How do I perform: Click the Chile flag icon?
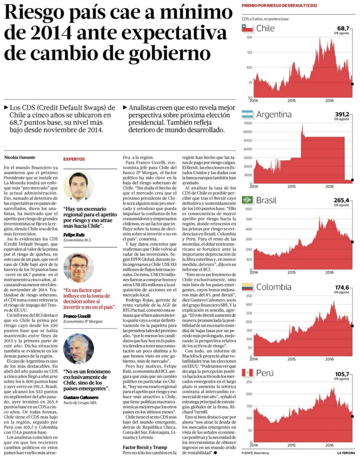click(x=247, y=28)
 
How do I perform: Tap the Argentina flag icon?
click(x=247, y=115)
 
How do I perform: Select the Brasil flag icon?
click(x=247, y=200)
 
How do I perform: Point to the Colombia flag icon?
click(x=247, y=287)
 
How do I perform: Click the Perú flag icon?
click(x=247, y=373)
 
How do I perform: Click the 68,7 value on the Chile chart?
click(x=343, y=28)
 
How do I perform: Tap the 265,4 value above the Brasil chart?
click(x=342, y=200)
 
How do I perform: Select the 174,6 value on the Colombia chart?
click(x=342, y=287)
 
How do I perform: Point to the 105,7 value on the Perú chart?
click(x=342, y=374)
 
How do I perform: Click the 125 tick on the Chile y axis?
click(x=249, y=53)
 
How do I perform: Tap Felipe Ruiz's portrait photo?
click(x=78, y=186)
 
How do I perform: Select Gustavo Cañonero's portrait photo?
click(x=78, y=349)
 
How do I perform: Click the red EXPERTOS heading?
click(x=74, y=159)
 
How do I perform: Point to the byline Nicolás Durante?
click(x=20, y=157)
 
